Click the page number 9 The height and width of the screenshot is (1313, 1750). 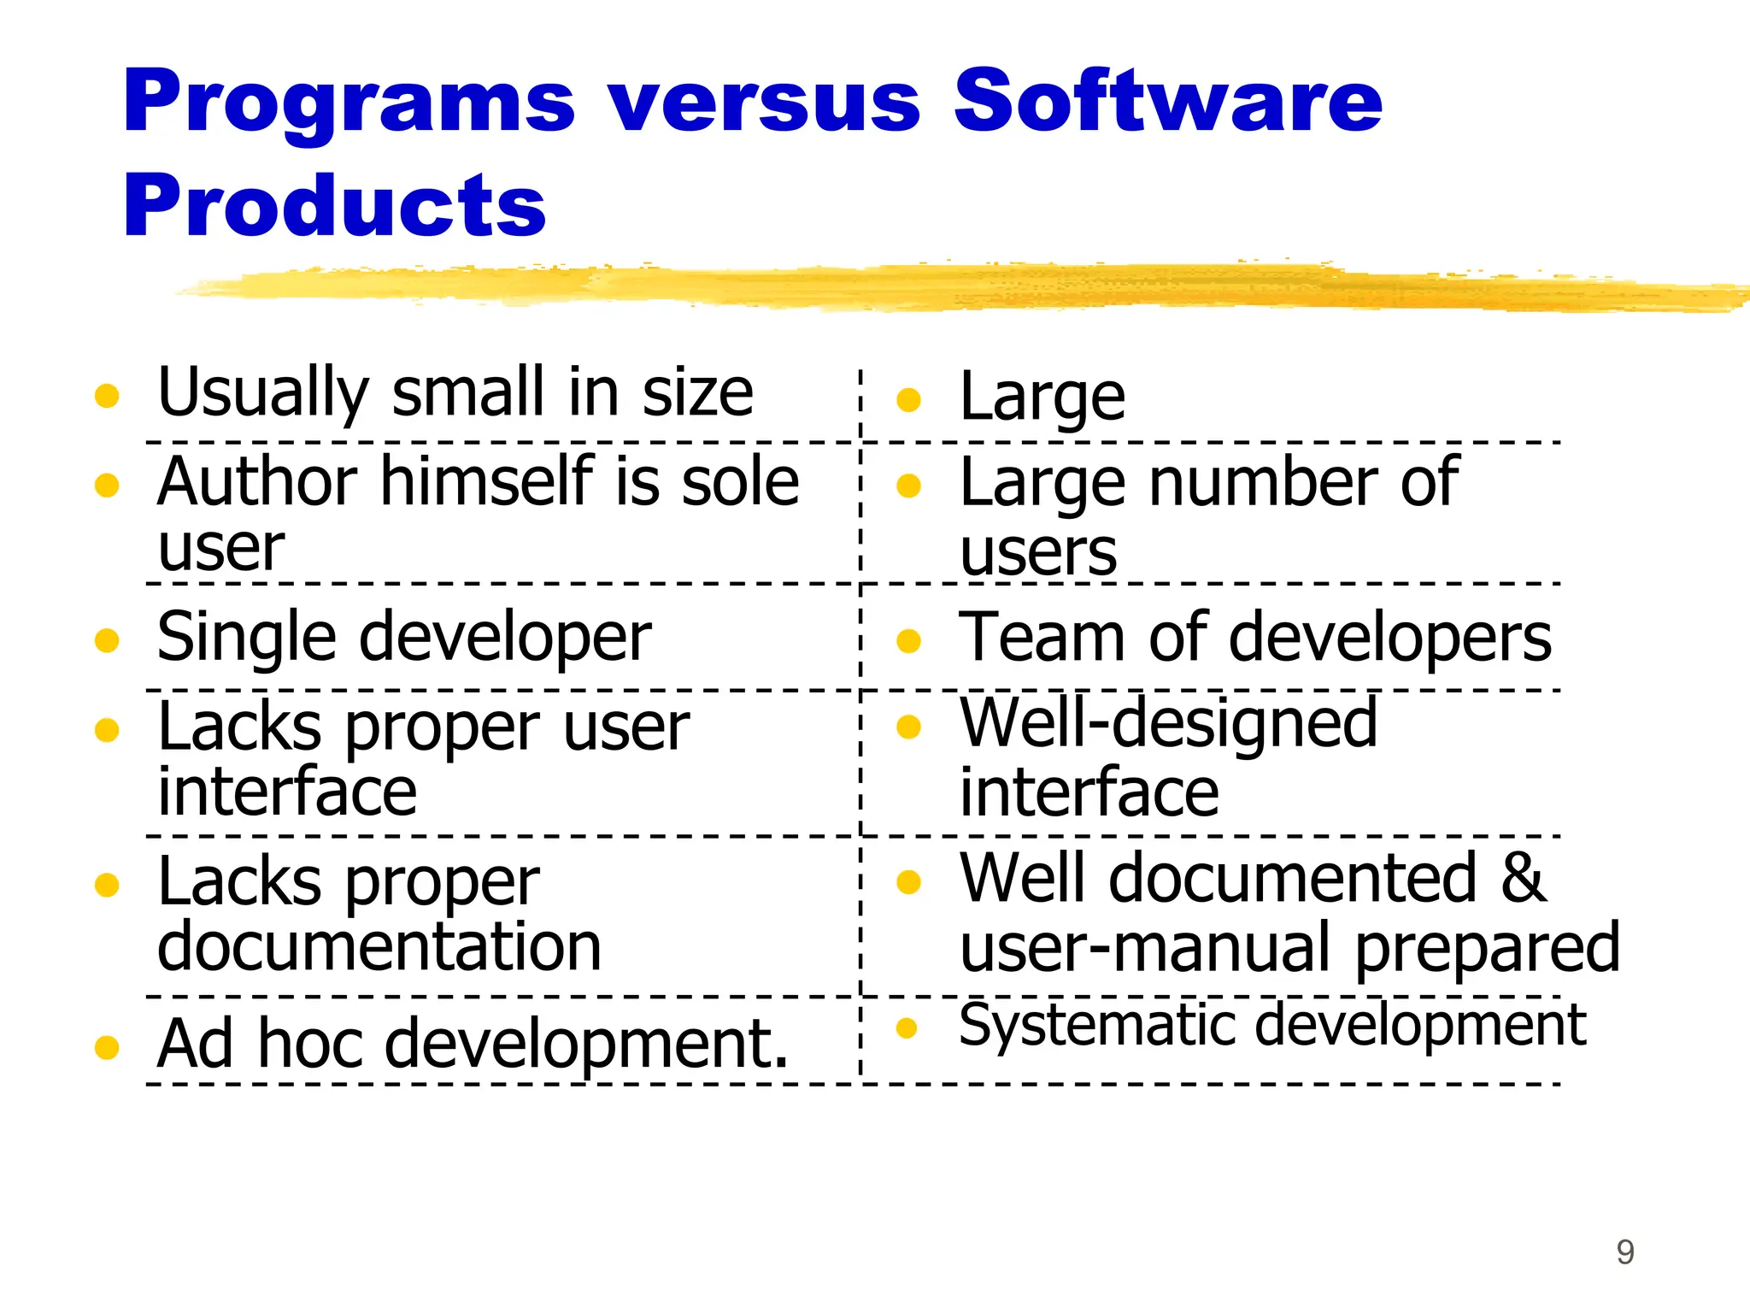point(1624,1252)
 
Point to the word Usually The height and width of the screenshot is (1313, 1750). point(263,393)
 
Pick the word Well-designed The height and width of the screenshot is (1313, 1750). point(1168,724)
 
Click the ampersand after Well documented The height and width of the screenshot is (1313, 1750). point(1523,878)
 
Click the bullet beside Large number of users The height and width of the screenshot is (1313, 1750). point(908,486)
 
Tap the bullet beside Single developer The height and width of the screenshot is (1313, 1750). point(107,640)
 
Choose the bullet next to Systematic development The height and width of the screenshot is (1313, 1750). point(907,1027)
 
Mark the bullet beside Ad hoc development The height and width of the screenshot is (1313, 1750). point(107,1046)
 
